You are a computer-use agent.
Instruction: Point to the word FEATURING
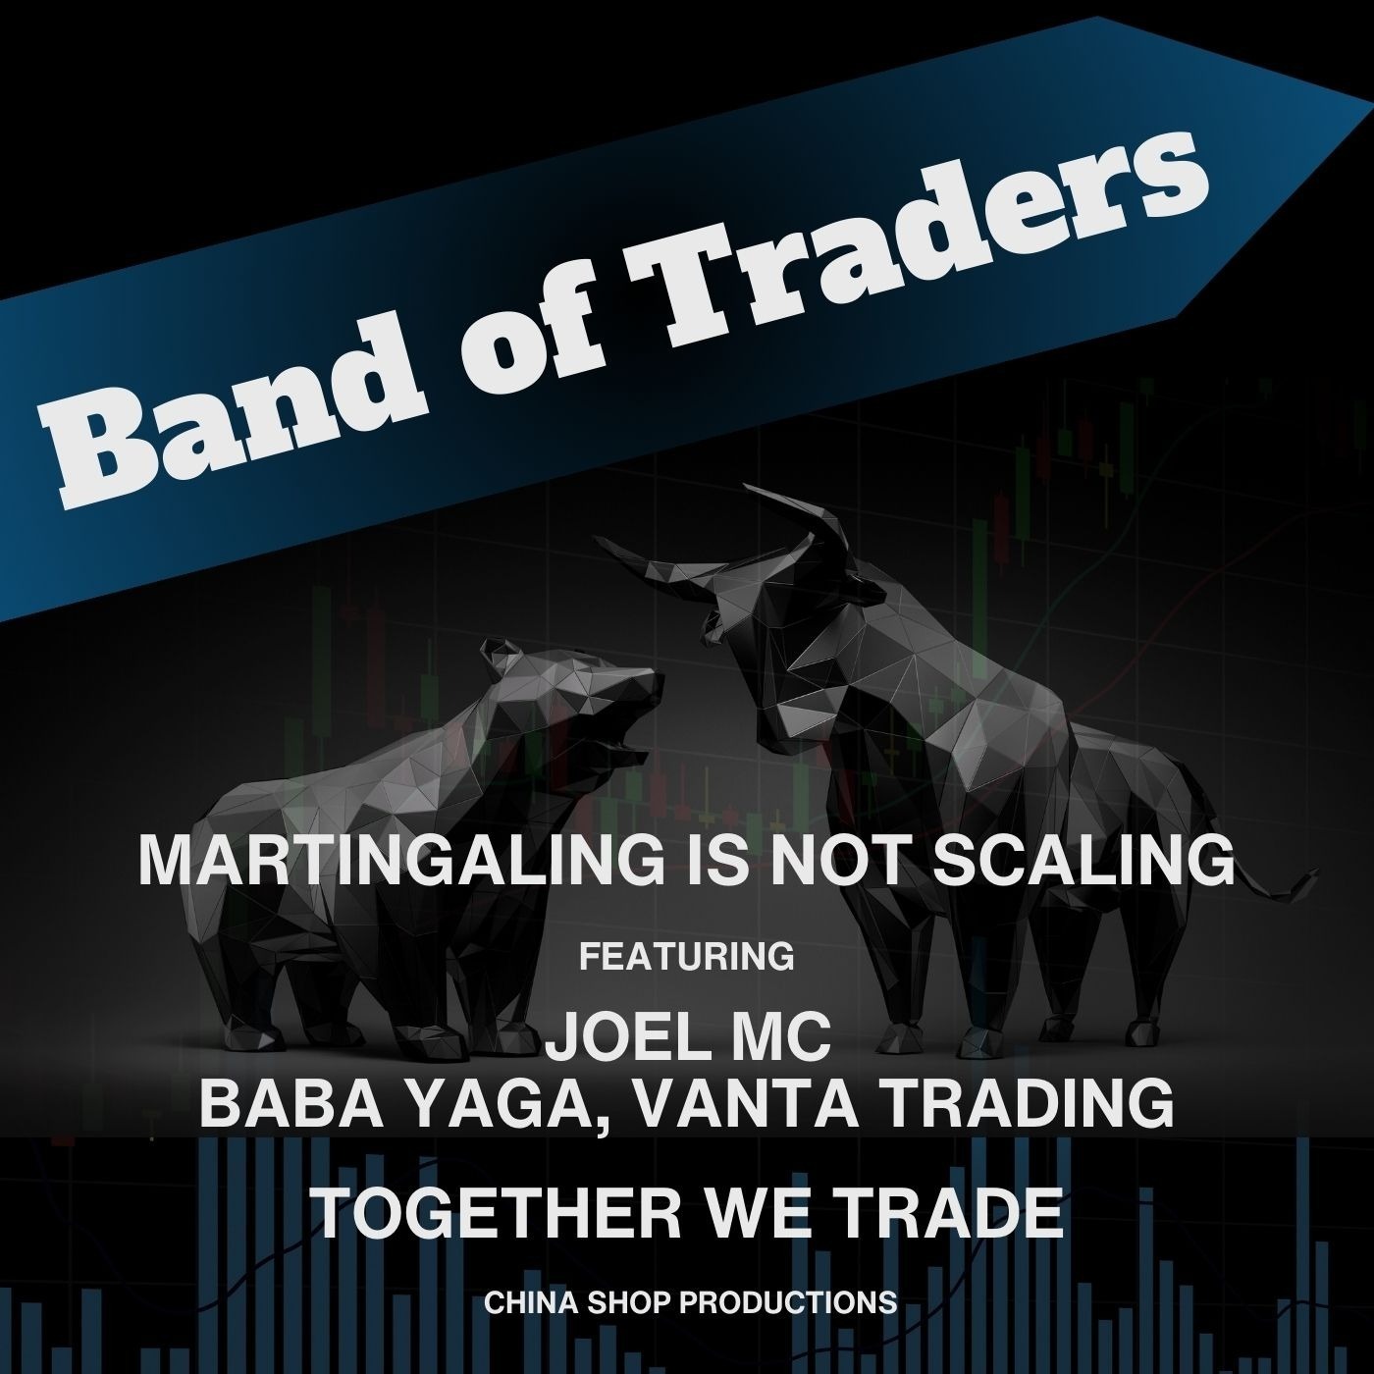[x=687, y=956]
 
